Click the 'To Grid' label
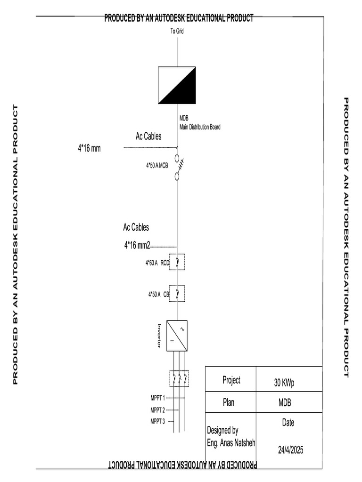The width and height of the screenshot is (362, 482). coord(177,31)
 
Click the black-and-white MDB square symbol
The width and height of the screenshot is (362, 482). coord(177,85)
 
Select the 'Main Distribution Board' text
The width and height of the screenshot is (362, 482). coord(199,127)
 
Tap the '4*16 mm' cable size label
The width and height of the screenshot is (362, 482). coord(89,148)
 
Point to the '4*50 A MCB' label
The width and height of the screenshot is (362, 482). coord(157,166)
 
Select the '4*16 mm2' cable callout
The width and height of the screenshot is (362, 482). coord(137,245)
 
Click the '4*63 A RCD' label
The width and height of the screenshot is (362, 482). coord(157,263)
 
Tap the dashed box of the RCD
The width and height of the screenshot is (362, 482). coord(177,262)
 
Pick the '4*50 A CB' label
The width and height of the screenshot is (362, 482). coord(158,295)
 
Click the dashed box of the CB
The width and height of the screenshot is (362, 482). coord(177,294)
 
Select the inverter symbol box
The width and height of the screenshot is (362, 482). coord(177,336)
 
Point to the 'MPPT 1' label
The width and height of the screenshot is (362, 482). coord(157,398)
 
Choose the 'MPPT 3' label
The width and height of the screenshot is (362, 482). coord(157,421)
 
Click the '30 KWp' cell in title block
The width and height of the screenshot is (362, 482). coord(284,383)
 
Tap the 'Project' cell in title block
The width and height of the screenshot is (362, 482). coord(231,380)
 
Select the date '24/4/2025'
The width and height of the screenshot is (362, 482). coord(290,450)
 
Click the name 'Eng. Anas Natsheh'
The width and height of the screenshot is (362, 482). coord(231,443)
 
